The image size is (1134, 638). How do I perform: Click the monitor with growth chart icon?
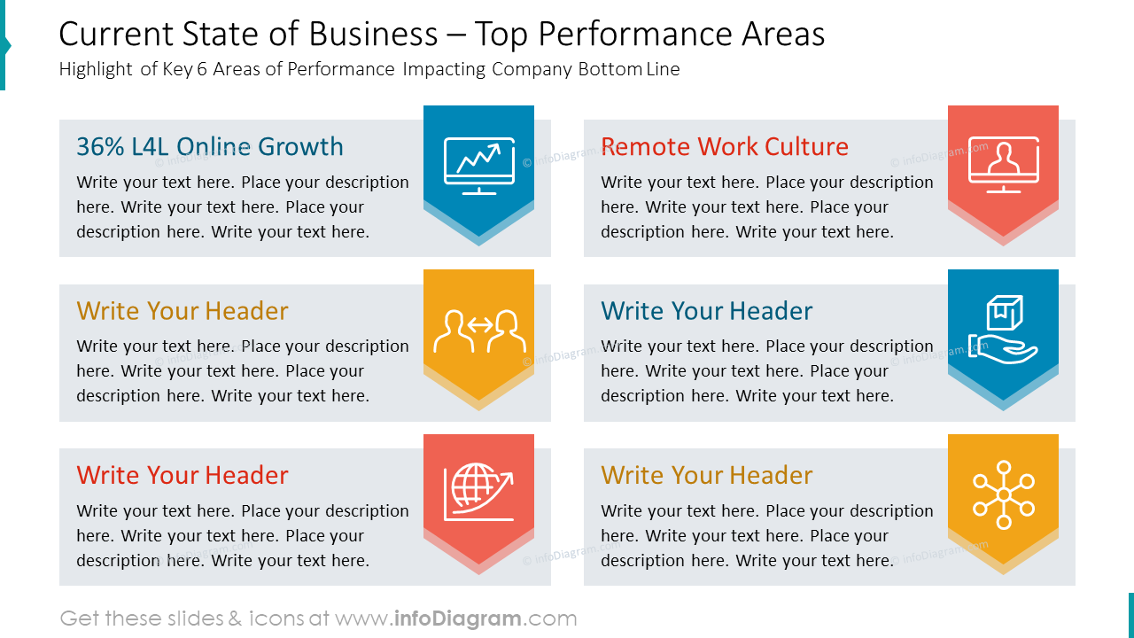coord(478,166)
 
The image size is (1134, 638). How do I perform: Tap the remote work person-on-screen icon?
coord(1003,165)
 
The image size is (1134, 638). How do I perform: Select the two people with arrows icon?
coord(478,331)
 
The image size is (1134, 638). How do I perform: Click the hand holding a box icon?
coord(1003,330)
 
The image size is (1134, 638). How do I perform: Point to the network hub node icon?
coord(1003,494)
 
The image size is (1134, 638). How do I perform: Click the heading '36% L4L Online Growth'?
coord(210,146)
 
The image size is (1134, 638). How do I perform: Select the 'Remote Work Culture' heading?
coord(724,146)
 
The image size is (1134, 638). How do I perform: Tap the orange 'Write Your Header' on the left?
coord(183,311)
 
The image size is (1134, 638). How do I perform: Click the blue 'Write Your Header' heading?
coord(706,311)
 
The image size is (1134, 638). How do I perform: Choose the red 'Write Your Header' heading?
coord(183,475)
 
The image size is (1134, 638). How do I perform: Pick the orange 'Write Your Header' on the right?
coord(706,475)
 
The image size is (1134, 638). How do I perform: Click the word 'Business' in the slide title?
coord(373,35)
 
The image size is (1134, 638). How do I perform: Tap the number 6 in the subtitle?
coord(202,70)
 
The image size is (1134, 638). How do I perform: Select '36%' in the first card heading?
coord(100,146)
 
